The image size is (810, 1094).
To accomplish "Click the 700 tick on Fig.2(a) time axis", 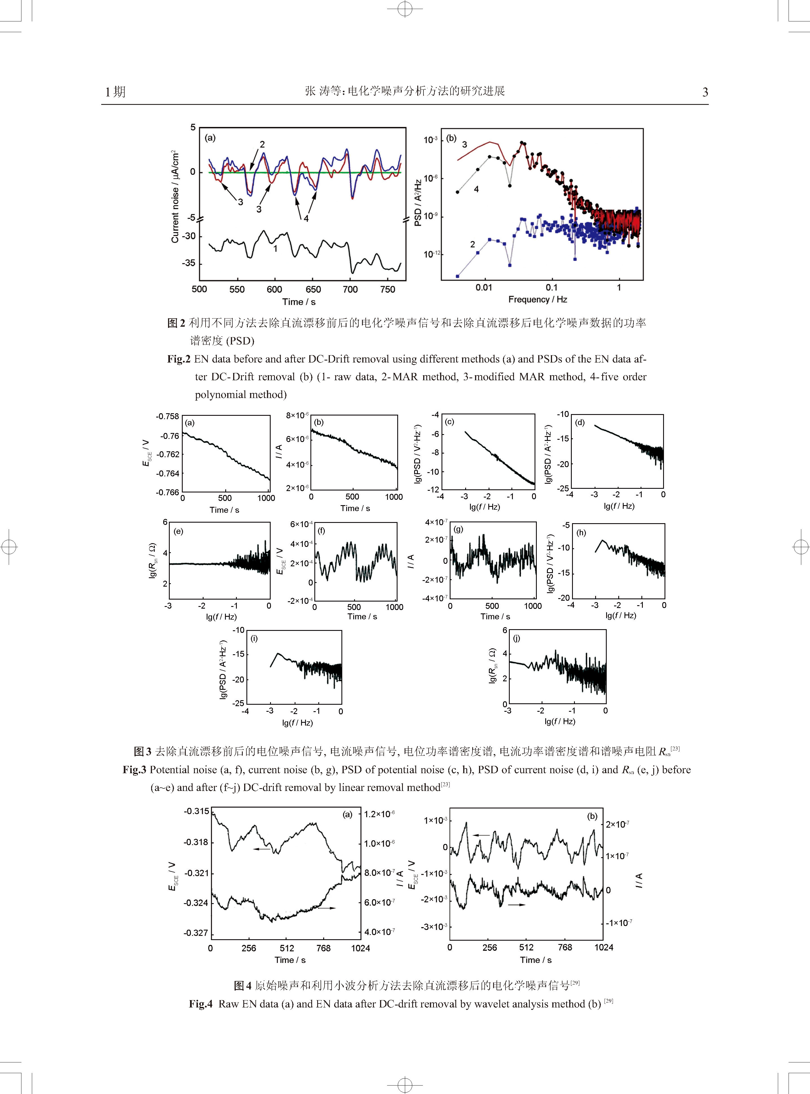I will coord(350,289).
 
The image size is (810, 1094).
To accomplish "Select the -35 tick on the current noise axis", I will coord(188,263).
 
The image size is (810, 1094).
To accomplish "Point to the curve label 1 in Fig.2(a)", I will coord(275,249).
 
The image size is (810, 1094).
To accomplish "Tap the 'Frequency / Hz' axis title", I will coord(537,299).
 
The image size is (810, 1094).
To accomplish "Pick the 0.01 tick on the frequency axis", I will coord(484,288).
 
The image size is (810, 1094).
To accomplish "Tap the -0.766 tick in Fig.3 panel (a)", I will coord(168,492).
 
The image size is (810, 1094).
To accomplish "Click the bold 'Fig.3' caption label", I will coord(134,770).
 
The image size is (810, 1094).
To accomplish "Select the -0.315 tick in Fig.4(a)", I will coord(196,811).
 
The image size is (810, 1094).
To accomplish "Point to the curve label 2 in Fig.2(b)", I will coord(473,244).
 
